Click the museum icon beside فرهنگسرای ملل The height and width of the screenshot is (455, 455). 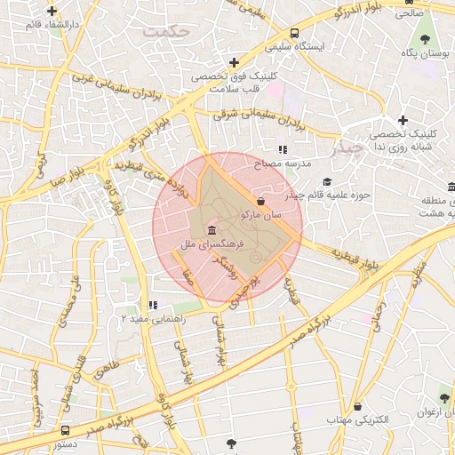pos(210,231)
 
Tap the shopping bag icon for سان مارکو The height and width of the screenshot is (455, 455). pos(259,204)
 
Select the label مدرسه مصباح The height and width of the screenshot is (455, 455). pos(283,164)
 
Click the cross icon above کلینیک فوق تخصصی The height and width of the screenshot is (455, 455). pos(233,62)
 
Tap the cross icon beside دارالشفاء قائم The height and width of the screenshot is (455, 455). pos(52,12)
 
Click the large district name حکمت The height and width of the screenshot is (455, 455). pos(167,30)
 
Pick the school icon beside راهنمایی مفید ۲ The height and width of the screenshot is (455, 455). pos(153,306)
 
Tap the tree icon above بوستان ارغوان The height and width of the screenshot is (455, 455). pos(443,398)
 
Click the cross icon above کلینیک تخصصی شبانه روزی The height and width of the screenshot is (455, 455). pos(403,120)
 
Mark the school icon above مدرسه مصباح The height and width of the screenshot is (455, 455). pos(283,150)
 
